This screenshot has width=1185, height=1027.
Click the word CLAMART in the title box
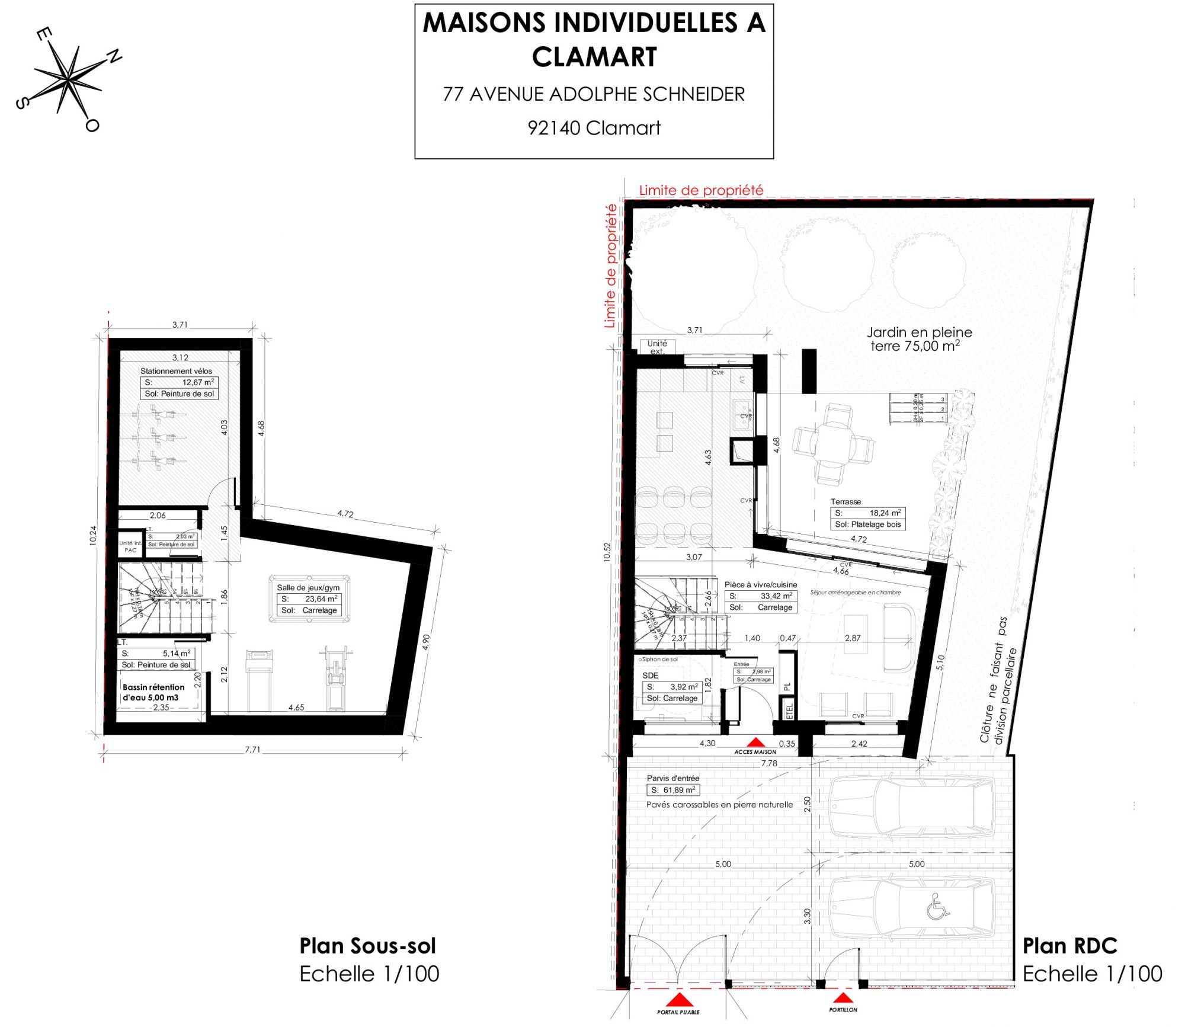click(594, 57)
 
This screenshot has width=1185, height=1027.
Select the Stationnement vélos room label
click(176, 371)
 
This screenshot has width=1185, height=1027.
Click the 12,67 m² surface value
click(198, 382)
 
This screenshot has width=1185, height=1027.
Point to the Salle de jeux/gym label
click(308, 587)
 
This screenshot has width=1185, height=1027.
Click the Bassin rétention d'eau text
click(153, 692)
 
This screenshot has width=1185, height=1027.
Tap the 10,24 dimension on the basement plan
click(93, 536)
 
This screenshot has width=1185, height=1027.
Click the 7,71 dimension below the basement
click(252, 749)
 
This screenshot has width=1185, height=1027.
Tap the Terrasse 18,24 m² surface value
click(885, 513)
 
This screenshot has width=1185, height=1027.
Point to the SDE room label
click(650, 675)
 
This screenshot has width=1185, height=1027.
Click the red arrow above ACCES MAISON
click(755, 742)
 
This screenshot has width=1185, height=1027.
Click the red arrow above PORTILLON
click(843, 998)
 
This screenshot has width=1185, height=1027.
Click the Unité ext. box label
click(657, 347)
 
